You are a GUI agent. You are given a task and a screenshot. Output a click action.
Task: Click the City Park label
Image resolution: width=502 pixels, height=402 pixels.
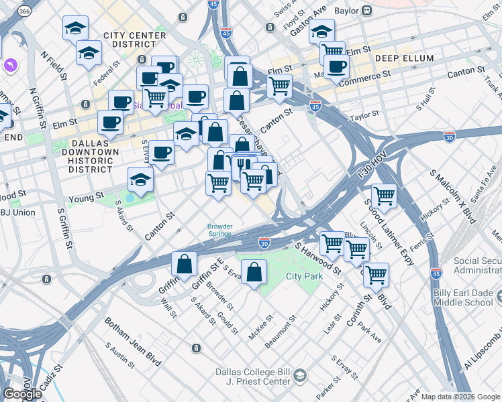(305, 276)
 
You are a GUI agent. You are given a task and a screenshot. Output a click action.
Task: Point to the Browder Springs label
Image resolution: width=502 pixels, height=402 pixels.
(219, 230)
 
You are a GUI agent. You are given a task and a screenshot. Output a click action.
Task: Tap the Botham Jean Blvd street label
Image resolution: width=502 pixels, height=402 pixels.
(132, 342)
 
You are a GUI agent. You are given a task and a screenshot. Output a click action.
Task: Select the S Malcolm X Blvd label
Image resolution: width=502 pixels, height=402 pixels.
(453, 195)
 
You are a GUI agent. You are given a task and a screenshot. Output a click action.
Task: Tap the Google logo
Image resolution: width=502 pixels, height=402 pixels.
(22, 393)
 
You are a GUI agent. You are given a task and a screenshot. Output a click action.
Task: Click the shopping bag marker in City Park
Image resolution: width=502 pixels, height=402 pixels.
(254, 272)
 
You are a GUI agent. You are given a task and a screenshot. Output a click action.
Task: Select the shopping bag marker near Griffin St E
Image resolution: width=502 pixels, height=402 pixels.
(184, 264)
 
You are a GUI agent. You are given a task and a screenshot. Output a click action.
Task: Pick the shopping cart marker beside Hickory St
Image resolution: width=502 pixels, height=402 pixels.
(384, 195)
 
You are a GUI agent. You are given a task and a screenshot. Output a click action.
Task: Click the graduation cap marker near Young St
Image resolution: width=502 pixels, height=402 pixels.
(140, 179)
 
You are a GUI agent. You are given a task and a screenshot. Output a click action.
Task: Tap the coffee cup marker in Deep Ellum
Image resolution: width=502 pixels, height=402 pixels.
(336, 66)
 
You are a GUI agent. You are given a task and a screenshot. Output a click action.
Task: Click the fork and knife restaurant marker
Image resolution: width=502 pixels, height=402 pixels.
(243, 165)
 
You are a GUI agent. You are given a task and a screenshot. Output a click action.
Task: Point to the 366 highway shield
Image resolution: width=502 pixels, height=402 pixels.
(24, 11)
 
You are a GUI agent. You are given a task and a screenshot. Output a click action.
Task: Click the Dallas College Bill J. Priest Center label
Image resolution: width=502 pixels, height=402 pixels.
(255, 377)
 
